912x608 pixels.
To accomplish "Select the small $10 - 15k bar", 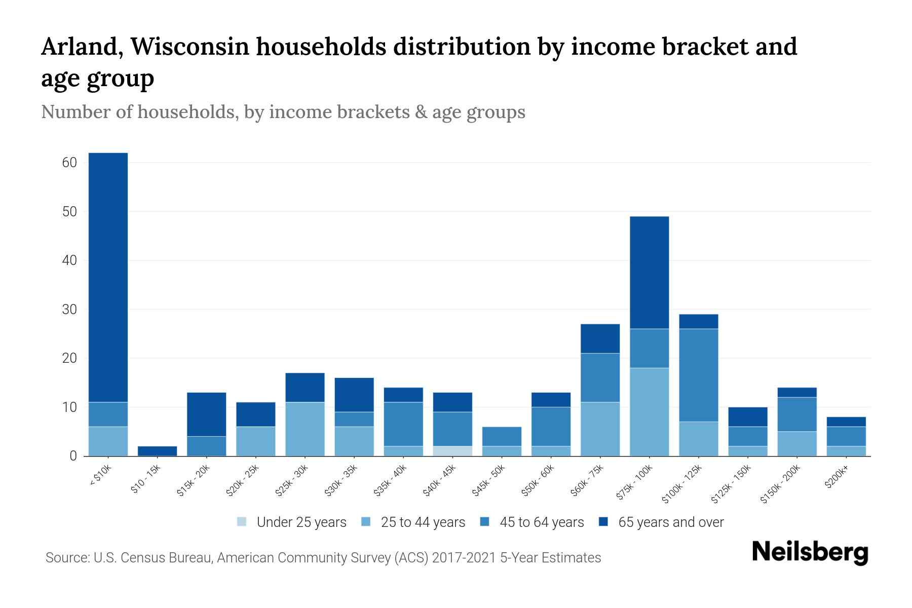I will (157, 451).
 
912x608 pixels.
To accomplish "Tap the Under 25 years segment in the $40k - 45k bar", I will (452, 451).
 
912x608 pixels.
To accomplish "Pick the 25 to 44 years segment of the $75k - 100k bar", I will (649, 412).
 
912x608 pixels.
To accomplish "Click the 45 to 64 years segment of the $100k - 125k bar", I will (698, 375).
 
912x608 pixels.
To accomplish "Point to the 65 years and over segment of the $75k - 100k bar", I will (649, 273).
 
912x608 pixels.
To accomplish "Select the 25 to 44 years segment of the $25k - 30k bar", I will (305, 429).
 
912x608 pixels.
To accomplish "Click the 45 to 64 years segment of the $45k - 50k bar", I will (502, 436).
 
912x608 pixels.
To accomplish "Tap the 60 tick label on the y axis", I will (69, 163).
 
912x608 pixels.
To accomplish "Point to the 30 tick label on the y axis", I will (69, 310).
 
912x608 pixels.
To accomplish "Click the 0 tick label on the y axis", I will (73, 456).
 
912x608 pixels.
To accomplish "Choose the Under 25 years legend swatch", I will (242, 522).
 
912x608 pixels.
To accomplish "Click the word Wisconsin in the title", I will (190, 47).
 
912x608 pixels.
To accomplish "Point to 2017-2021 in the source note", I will (464, 558).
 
